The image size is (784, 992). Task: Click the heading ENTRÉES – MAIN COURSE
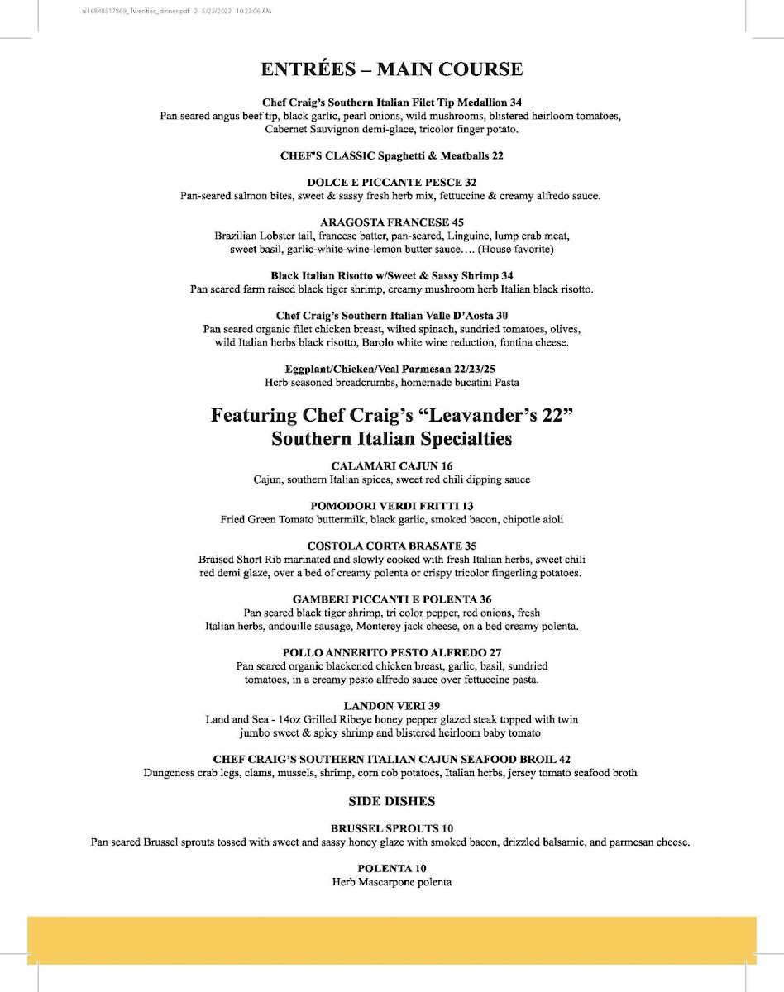click(x=391, y=69)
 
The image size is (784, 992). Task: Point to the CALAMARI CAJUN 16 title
click(x=391, y=466)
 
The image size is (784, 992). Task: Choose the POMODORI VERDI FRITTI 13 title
click(x=391, y=505)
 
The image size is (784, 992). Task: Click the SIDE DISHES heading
click(x=392, y=801)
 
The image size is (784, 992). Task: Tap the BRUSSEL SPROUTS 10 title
click(x=391, y=828)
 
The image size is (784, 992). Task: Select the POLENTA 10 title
click(x=391, y=868)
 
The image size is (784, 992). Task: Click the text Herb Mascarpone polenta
click(x=391, y=882)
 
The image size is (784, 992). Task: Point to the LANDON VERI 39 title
click(x=391, y=705)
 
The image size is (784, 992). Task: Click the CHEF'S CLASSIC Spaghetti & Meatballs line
click(x=391, y=155)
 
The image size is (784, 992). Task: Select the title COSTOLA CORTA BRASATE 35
click(x=391, y=546)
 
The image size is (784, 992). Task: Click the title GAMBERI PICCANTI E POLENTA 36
click(x=391, y=599)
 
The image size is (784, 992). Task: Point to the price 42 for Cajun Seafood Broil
click(x=563, y=759)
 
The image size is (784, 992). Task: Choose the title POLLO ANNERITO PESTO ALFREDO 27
click(x=391, y=652)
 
